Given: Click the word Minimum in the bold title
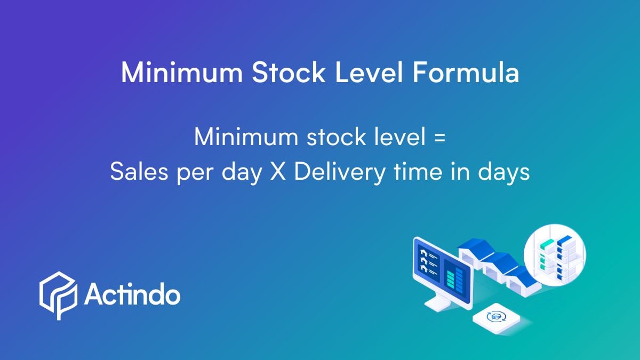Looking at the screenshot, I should [x=182, y=72].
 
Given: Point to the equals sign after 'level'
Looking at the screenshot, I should [x=438, y=138].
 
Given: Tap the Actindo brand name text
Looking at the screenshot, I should [x=132, y=295].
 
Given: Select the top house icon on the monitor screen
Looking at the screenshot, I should [x=425, y=252].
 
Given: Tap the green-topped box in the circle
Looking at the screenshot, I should [x=547, y=244].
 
